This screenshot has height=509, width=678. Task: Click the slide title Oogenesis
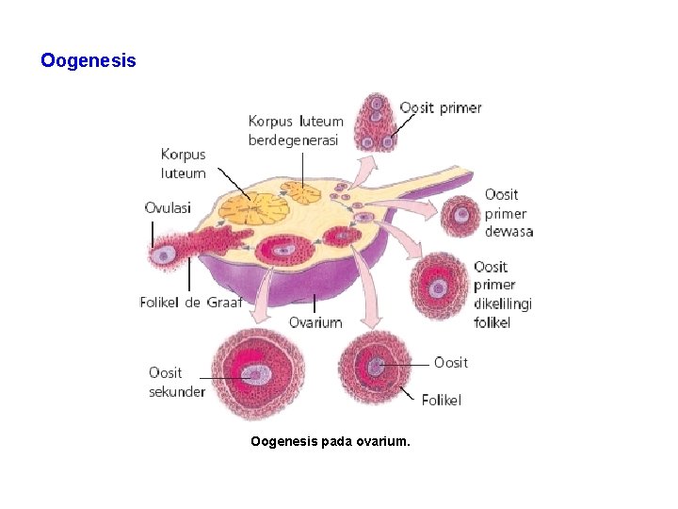89,61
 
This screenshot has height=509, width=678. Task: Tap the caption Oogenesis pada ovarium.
331,440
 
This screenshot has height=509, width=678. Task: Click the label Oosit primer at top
440,107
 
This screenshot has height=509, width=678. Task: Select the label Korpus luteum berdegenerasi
296,131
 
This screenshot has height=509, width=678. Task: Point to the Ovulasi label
167,207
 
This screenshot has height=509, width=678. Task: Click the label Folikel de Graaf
191,303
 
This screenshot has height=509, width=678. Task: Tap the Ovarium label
315,322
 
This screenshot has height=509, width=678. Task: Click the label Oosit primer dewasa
508,213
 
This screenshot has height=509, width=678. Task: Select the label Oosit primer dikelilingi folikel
503,294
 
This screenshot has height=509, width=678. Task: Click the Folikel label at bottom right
441,400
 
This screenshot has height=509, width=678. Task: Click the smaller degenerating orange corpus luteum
302,192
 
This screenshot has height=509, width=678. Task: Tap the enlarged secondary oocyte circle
251,374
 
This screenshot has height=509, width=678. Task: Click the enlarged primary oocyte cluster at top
378,122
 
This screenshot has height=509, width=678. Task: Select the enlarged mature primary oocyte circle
461,216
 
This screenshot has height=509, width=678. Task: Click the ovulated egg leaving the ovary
165,254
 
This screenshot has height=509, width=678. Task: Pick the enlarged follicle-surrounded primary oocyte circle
440,286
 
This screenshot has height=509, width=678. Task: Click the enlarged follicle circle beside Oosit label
376,368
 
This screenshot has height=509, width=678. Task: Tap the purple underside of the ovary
282,283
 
